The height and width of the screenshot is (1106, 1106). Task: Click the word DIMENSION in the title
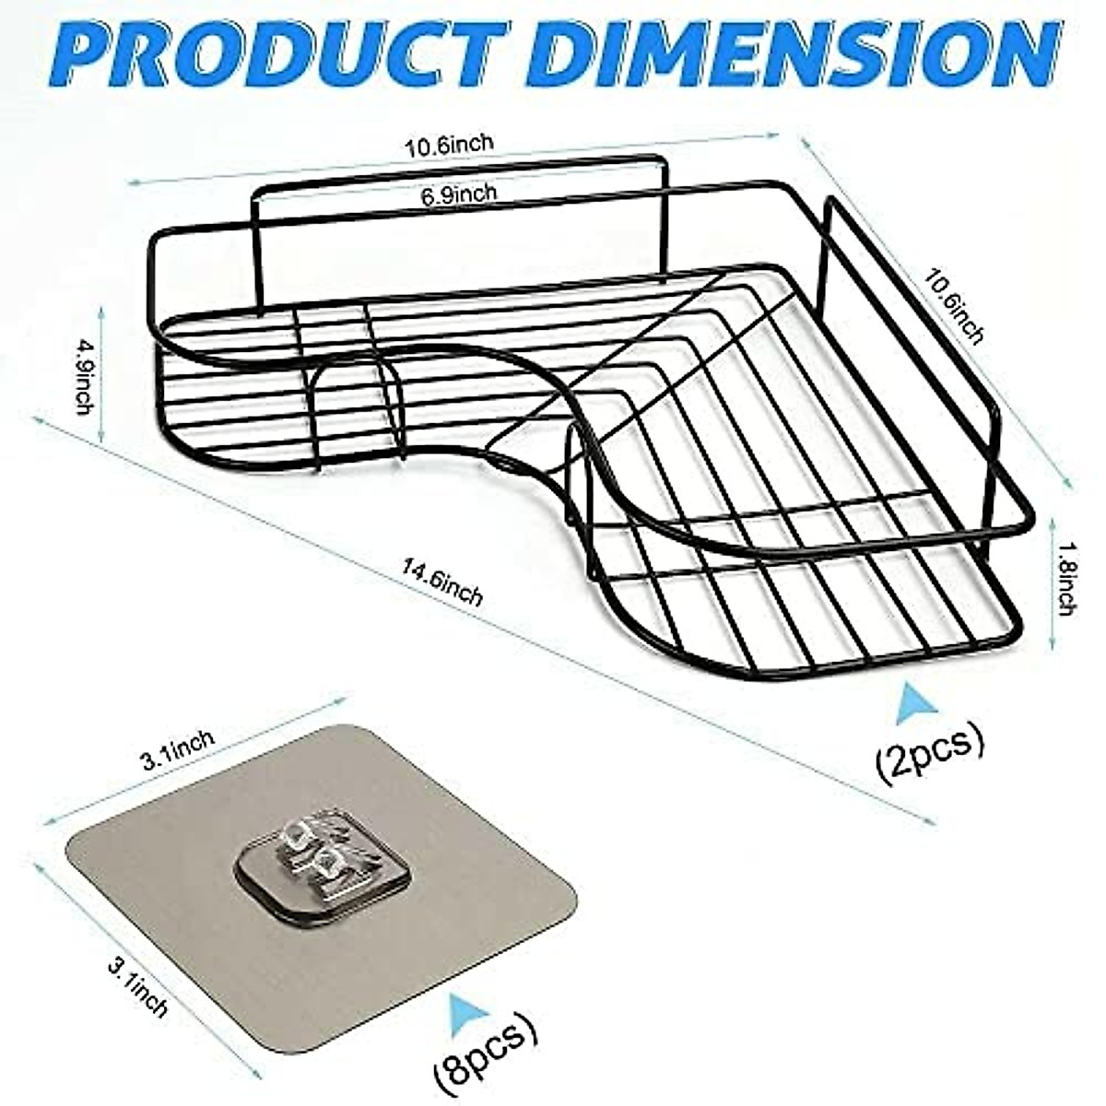click(x=793, y=53)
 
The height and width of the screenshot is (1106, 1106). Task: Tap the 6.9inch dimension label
click(x=460, y=194)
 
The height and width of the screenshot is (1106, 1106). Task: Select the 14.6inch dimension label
click(x=441, y=584)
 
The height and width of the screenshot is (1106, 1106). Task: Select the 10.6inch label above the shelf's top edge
click(x=449, y=146)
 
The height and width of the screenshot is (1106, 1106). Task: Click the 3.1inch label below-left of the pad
click(x=138, y=986)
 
